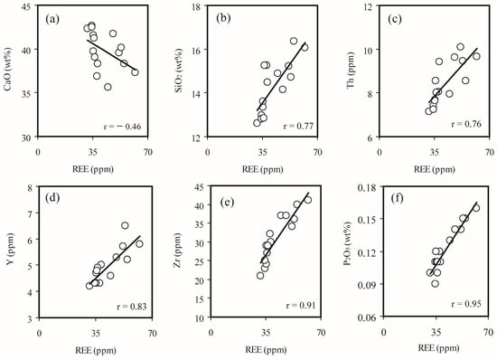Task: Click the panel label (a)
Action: point(52,19)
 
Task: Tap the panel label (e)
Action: point(227,202)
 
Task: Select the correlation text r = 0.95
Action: point(466,304)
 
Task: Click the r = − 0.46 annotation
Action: point(122,127)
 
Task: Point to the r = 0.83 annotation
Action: point(132,307)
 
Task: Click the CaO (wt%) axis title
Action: point(7,71)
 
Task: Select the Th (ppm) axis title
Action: point(351,71)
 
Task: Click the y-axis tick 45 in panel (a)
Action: point(29,6)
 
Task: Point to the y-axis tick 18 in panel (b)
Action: point(198,6)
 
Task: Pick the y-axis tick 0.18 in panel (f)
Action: point(368,187)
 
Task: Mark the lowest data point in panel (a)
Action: point(108,87)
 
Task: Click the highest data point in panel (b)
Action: point(294,41)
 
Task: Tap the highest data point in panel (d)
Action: point(125,225)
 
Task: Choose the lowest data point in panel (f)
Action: point(436,283)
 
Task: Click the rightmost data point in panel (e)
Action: point(308,200)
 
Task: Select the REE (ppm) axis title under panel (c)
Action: point(435,169)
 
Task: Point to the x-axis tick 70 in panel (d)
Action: point(152,334)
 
